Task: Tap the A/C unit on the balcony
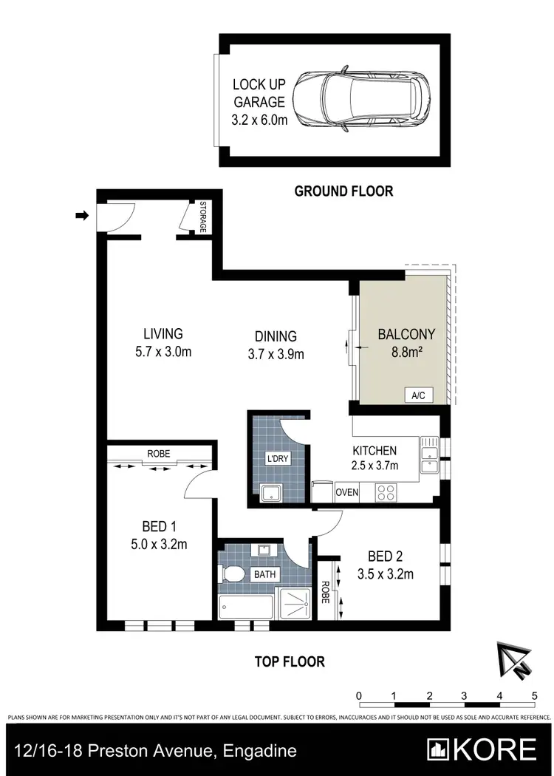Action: coord(418,395)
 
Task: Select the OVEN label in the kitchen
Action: coord(347,492)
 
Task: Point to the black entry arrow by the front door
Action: coord(82,216)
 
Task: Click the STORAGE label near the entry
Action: coord(202,217)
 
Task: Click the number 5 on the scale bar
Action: coord(534,695)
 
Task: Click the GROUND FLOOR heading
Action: coord(343,191)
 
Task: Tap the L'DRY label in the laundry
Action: coord(278,459)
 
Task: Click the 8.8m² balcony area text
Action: coord(406,353)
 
